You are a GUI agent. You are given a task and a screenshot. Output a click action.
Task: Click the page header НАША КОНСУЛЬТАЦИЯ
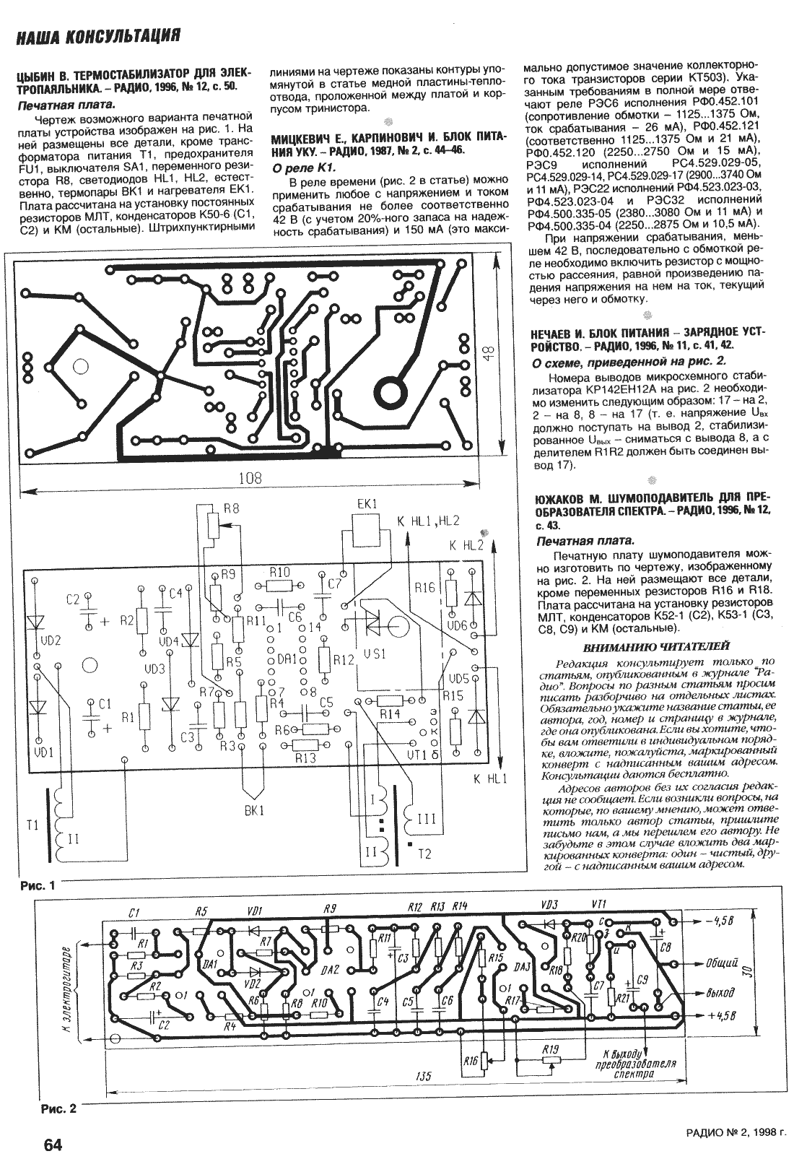[x=98, y=36]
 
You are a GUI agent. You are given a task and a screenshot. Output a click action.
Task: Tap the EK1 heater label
[x=367, y=504]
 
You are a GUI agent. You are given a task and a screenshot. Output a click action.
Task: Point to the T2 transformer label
[x=424, y=854]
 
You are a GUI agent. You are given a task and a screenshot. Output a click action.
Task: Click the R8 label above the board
[x=231, y=510]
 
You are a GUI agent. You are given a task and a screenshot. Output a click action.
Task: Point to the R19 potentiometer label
[x=550, y=1049]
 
